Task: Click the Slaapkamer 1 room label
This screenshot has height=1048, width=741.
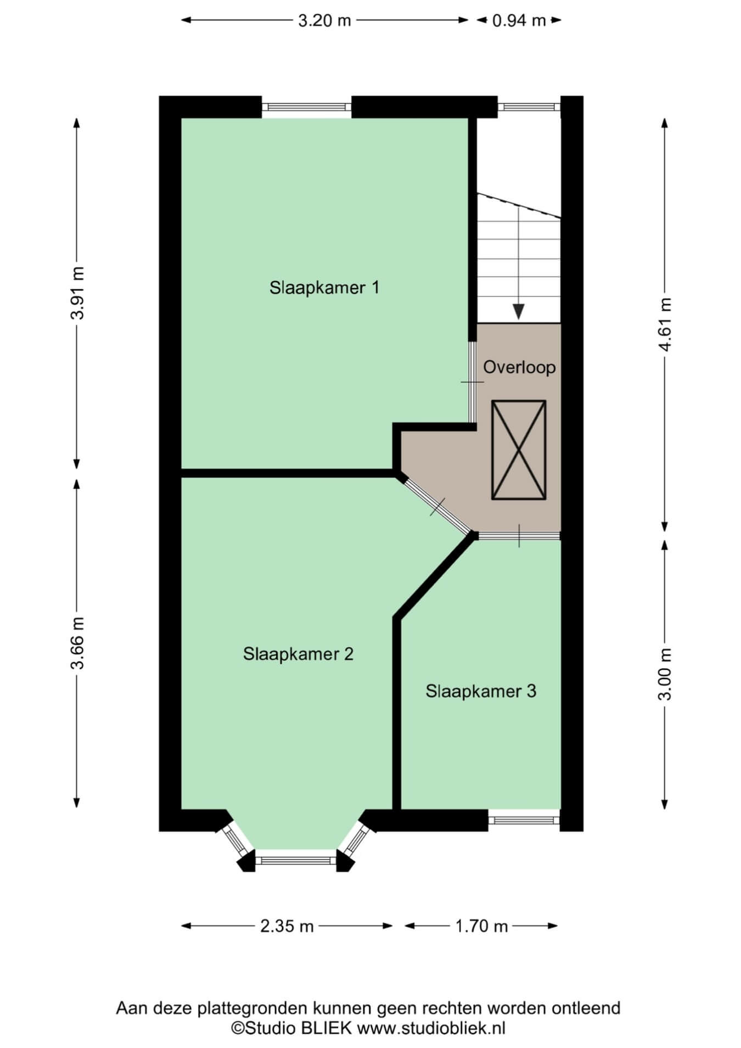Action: pos(324,287)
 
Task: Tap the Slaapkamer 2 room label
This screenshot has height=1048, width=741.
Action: pos(298,654)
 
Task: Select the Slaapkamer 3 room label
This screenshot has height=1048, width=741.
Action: pos(481,691)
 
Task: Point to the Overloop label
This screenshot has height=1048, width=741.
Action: pos(519,367)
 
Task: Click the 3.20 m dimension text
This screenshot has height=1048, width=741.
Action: pos(324,20)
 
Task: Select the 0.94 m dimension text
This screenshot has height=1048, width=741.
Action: pos(519,20)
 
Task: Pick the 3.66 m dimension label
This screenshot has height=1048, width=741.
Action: pos(77,643)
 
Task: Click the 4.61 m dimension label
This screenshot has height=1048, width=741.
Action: pos(665,324)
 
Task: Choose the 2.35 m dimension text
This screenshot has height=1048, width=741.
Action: pos(287,926)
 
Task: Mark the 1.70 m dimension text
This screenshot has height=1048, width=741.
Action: pos(481,926)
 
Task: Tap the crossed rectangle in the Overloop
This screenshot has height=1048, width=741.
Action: pos(519,450)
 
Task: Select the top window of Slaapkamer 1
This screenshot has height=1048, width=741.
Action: pos(306,107)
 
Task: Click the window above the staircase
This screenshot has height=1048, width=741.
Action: pos(529,107)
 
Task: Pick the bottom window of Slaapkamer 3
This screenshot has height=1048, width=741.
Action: pos(524,820)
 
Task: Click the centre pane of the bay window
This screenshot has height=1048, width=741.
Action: pos(296,860)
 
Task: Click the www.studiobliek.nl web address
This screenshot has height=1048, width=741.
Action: pos(431,1028)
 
